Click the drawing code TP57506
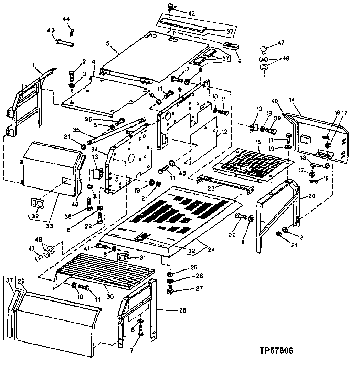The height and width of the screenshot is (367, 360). (x=276, y=351)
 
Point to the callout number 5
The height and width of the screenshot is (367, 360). (x=108, y=43)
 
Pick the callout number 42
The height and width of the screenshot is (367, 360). (x=191, y=14)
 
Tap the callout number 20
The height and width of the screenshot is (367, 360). (x=311, y=196)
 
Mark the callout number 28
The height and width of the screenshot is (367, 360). (x=182, y=310)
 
